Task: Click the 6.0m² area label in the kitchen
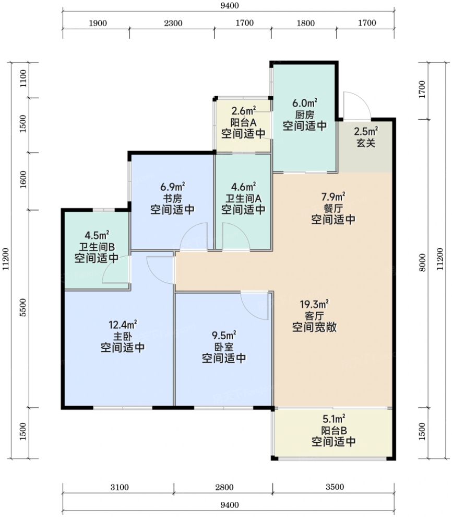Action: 305,103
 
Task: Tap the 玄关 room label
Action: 366,143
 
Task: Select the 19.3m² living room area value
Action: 314,304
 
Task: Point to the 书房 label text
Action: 172,199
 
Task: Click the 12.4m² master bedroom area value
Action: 123,325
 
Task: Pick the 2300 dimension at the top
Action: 173,23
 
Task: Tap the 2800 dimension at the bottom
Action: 224,487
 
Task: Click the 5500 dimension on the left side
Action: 23,307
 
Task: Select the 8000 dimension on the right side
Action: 422,262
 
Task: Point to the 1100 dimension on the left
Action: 23,78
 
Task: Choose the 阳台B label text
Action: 334,430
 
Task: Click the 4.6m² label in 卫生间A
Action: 243,187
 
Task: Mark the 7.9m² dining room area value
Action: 333,197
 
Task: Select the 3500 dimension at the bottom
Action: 335,487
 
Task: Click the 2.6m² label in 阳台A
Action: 243,111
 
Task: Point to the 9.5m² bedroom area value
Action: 224,336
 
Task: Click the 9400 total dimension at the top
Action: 230,6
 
